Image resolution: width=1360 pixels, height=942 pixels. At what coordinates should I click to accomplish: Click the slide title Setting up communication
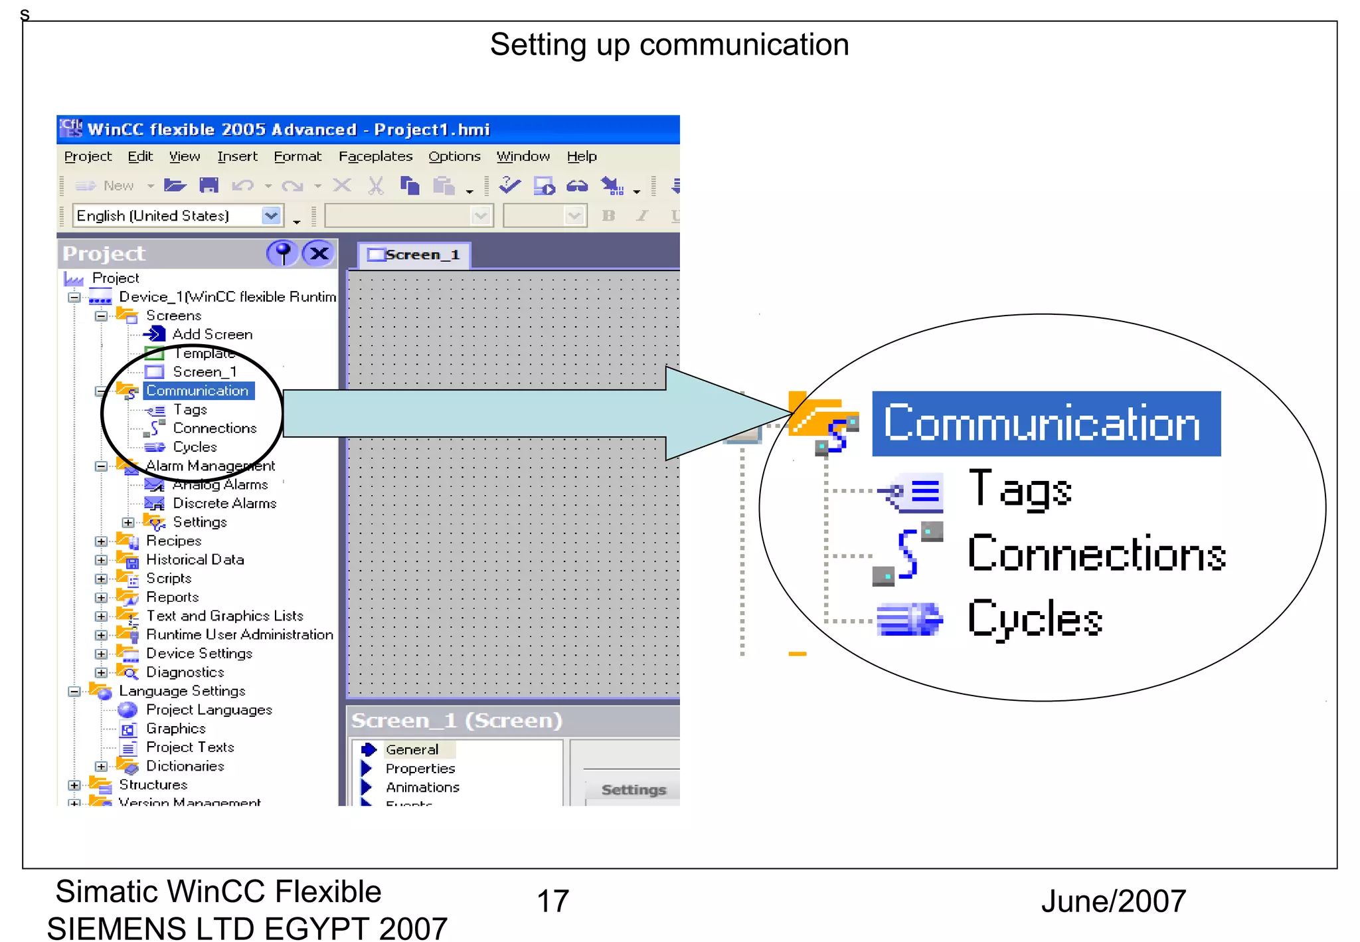point(669,45)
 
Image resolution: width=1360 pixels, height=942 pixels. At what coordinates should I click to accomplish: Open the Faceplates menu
point(375,156)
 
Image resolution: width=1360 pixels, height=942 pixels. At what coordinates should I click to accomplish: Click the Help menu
point(581,156)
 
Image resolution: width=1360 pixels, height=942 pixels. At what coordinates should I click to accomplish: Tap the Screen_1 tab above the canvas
point(414,255)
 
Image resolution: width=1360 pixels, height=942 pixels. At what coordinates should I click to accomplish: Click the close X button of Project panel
point(319,253)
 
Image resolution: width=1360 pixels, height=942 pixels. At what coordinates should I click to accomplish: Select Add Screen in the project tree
point(212,334)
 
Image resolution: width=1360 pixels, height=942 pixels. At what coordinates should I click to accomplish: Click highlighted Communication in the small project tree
point(197,391)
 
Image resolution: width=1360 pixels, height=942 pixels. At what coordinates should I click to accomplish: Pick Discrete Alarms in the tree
point(224,504)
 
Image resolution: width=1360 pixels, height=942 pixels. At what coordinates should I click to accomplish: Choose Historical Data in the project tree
point(195,560)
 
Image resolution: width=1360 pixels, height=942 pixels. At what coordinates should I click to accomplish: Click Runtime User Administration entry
point(239,635)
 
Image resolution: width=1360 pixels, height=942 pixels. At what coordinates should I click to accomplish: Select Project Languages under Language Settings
point(209,710)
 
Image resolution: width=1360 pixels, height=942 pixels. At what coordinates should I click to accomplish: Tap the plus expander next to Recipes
point(101,541)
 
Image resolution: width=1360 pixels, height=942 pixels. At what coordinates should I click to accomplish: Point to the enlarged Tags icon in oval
point(913,492)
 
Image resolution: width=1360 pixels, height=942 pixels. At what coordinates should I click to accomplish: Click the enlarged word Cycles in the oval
point(1034,618)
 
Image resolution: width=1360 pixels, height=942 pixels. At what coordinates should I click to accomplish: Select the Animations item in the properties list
point(422,787)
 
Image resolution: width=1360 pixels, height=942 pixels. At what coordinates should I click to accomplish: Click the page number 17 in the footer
point(552,901)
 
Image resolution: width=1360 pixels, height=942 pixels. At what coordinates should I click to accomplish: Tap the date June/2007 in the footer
point(1113,901)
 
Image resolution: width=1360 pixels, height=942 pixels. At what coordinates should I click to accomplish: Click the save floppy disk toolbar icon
point(209,185)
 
